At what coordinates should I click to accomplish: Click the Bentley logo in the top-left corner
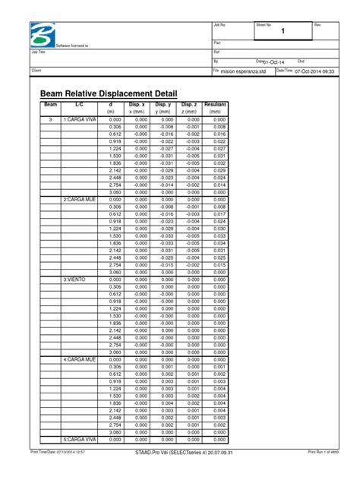(43, 34)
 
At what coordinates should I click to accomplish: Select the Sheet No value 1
(283, 33)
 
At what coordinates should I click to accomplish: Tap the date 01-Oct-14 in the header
(276, 62)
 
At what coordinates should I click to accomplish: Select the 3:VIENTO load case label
(76, 279)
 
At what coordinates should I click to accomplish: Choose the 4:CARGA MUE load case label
(80, 359)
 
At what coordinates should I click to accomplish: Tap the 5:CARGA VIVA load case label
(80, 439)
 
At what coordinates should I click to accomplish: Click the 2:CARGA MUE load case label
(80, 200)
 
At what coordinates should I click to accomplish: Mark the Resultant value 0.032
(219, 163)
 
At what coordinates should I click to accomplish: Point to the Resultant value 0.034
(219, 243)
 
